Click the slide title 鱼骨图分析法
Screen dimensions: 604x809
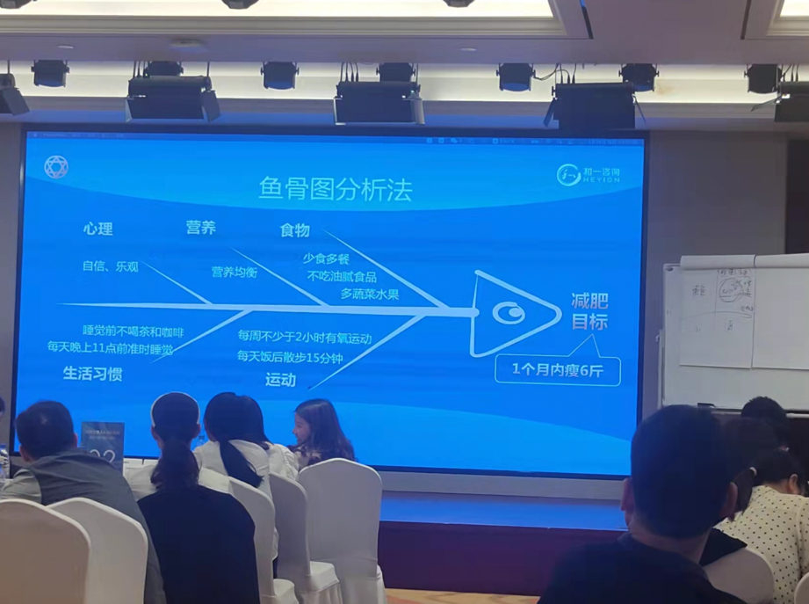coord(335,189)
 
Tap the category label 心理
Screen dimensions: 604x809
coord(98,229)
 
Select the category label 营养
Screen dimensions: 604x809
coord(200,228)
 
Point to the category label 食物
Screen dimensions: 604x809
coord(294,230)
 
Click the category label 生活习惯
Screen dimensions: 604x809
coord(92,374)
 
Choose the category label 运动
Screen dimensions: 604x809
coord(280,380)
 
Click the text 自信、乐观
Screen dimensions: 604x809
coord(111,266)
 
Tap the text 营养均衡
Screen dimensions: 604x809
coord(235,273)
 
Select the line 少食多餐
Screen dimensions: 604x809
coord(327,258)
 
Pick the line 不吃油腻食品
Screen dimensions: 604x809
coord(342,276)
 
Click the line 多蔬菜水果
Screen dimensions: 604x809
coord(369,294)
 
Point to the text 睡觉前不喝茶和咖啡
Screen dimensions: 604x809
coord(133,331)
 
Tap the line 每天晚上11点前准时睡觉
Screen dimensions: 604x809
coord(111,348)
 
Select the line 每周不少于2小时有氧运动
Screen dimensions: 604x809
coord(304,337)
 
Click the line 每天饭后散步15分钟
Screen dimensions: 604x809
coord(289,356)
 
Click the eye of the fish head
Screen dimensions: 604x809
coord(508,313)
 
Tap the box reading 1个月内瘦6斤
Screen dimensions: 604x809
coord(557,368)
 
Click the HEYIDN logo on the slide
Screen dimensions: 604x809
coord(589,174)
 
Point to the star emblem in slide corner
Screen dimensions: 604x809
coord(55,167)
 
